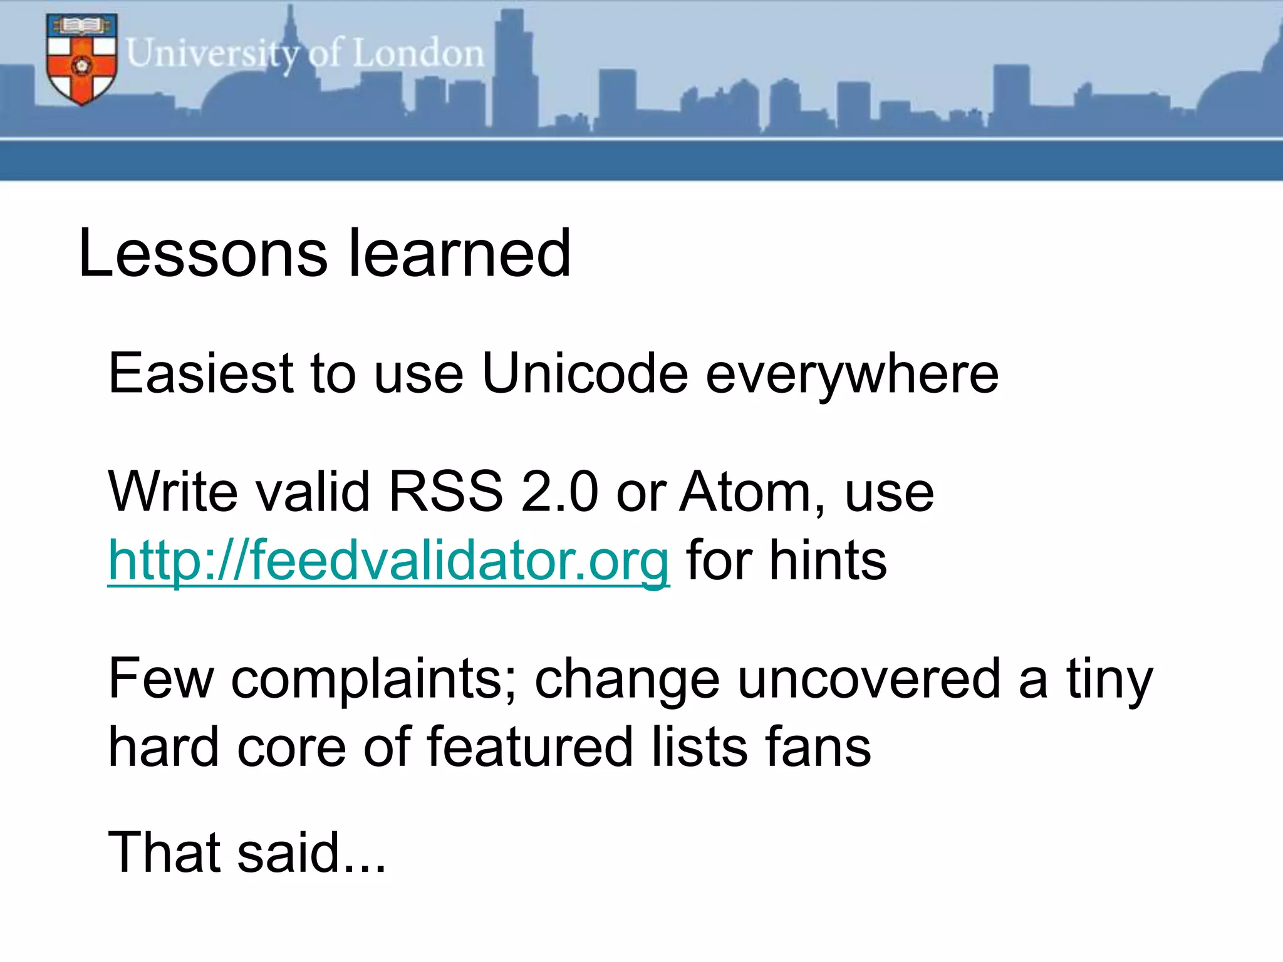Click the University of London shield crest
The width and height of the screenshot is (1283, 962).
point(81,59)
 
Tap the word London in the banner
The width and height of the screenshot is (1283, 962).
point(418,53)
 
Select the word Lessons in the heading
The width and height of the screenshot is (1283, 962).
point(202,254)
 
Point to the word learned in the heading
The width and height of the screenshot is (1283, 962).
point(459,254)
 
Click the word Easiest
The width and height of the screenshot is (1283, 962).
point(200,374)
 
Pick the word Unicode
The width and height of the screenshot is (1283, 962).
point(585,374)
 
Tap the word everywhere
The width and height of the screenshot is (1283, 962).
point(852,374)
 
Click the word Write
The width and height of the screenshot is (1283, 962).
point(172,492)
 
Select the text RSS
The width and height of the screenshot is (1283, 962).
point(445,492)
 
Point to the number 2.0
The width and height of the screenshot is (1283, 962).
point(559,492)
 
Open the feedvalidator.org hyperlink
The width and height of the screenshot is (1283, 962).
point(388,561)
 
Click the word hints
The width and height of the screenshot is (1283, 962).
point(828,561)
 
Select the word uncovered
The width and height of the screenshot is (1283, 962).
point(869,680)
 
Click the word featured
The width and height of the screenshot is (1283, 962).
point(529,747)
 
